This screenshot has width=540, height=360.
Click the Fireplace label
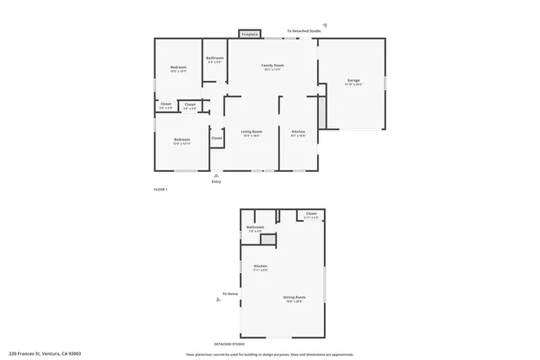click(x=250, y=35)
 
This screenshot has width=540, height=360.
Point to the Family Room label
click(x=272, y=66)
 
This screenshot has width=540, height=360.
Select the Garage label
click(x=354, y=81)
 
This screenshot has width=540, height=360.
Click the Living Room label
click(x=251, y=132)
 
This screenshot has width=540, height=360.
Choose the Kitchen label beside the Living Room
click(x=298, y=132)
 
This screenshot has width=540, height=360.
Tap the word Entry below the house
click(x=216, y=182)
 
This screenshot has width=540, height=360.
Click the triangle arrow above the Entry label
click(x=216, y=175)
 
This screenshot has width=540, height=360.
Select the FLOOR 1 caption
click(x=160, y=190)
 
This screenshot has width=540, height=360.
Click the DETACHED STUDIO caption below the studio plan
click(x=230, y=344)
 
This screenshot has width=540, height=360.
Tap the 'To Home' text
click(x=229, y=294)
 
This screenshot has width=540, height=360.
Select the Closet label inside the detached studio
click(x=311, y=214)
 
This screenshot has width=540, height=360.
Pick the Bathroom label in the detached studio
click(x=255, y=228)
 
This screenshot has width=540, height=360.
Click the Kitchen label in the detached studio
click(x=261, y=266)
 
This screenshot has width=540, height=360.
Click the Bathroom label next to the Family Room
click(x=214, y=58)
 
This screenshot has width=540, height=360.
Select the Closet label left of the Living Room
click(x=216, y=137)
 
